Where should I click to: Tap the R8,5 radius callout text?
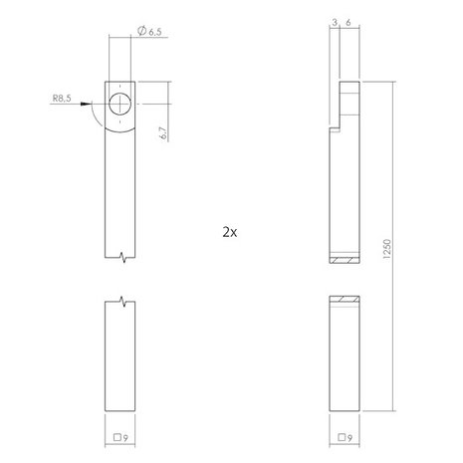pos(61,100)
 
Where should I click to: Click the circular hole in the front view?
pos(120,105)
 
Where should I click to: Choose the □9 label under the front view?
pos(120,437)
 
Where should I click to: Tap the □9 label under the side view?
pos(345,437)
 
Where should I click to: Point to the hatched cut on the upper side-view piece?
pos(345,261)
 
